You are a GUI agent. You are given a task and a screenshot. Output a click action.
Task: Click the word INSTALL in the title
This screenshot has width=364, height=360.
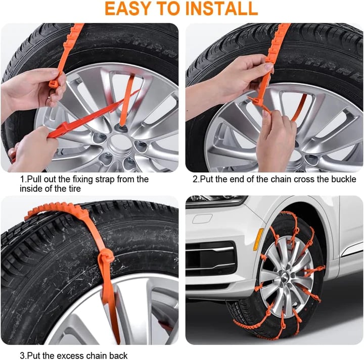coord(223,9)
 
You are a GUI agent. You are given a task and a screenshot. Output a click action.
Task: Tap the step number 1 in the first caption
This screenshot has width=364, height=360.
coord(22,179)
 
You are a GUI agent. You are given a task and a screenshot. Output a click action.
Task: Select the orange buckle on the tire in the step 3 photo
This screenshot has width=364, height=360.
coord(106,261)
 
